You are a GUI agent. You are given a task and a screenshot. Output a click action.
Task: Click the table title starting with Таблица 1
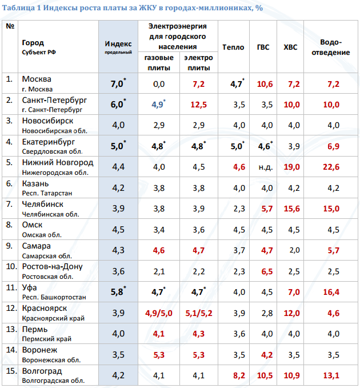[129, 7]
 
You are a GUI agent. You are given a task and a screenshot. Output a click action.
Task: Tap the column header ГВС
[265, 47]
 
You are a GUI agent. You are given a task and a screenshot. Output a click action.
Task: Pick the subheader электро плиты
[198, 62]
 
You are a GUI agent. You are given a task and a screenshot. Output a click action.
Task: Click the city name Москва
[37, 79]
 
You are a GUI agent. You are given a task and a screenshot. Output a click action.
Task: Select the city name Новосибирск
[47, 121]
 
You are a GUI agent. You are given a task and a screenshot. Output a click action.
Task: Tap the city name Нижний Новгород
[57, 162]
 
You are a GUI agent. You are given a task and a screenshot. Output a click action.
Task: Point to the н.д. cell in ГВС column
[265, 167]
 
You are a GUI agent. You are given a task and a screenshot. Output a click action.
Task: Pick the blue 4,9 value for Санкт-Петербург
[158, 105]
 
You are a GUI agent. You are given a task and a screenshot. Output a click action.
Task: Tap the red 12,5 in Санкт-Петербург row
[198, 105]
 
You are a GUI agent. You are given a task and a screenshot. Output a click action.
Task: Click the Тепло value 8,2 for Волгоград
[239, 375]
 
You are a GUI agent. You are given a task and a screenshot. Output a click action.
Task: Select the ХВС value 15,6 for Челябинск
[294, 209]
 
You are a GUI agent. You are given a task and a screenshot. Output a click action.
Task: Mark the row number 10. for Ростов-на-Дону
[11, 266]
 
